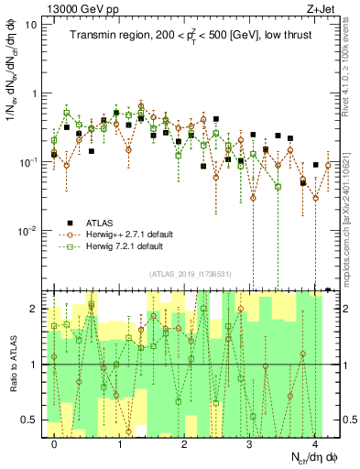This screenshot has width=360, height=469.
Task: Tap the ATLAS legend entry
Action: coord(103,222)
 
